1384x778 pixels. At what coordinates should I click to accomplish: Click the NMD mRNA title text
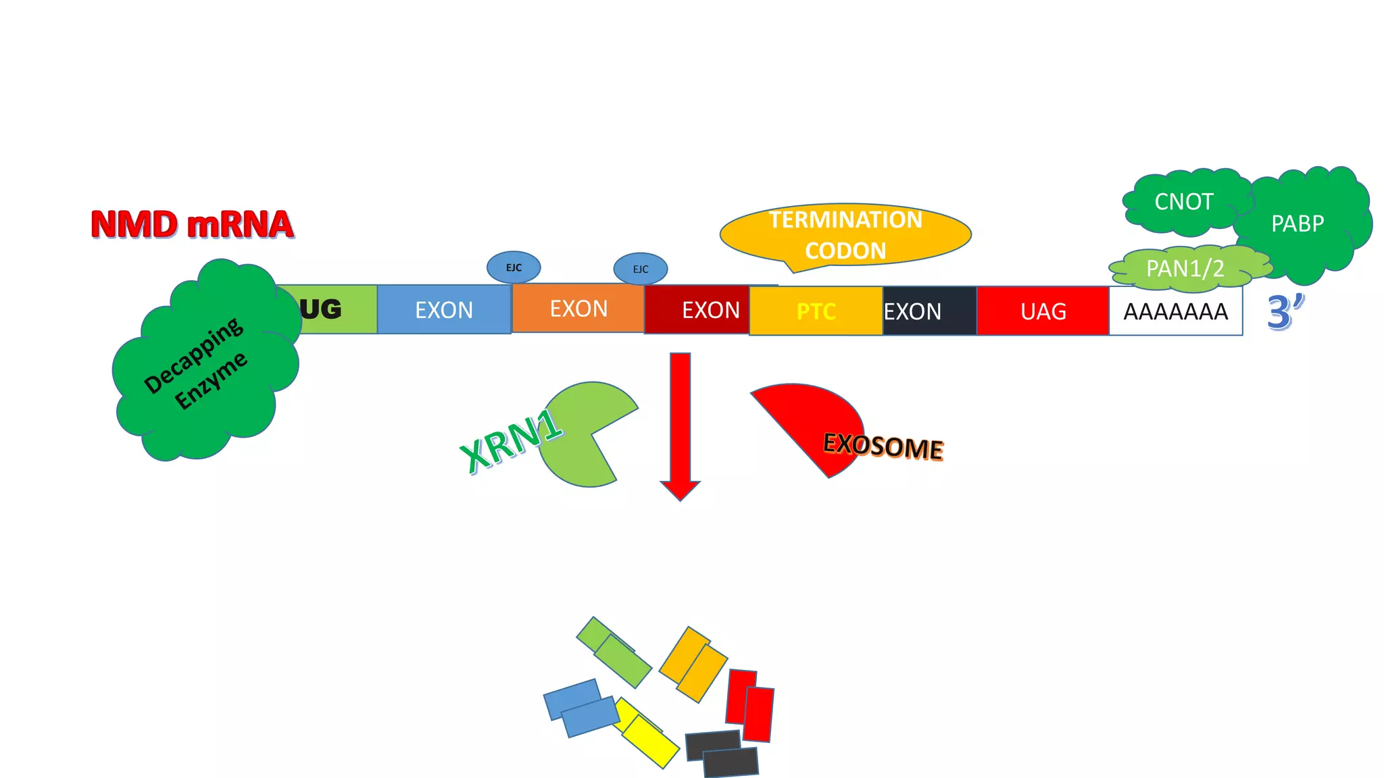coord(192,225)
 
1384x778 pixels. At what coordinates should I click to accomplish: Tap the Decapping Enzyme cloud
coord(203,365)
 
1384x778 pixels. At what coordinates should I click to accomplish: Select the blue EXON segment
coord(444,310)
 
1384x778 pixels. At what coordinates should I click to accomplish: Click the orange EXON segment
coord(578,309)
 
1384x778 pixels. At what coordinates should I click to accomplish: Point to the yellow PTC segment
coord(816,311)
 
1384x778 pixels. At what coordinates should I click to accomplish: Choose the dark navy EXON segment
coord(929,311)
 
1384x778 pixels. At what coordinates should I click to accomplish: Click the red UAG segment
coord(1043,311)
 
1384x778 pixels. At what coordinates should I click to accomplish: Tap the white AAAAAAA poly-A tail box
coord(1175,311)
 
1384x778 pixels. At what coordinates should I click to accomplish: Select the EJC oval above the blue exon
coord(514,267)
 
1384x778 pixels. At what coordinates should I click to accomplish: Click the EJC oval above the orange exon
coord(641,269)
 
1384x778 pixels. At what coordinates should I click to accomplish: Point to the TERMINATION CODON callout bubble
coord(845,234)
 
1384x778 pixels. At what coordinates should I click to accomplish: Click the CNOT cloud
coord(1184,202)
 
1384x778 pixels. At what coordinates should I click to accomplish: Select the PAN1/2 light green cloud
coord(1186,269)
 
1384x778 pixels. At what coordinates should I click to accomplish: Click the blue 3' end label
coord(1284,312)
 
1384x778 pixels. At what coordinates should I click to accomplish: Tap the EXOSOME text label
coord(883,446)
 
